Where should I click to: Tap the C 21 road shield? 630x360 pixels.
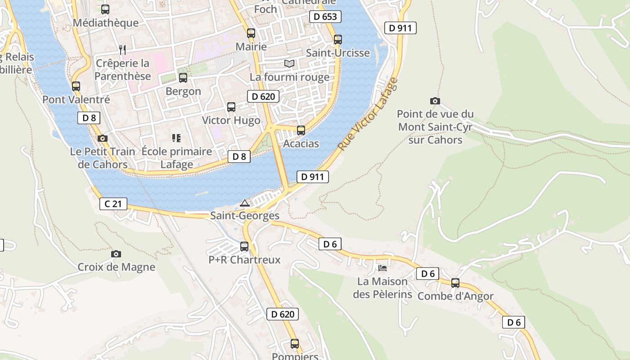click(113, 204)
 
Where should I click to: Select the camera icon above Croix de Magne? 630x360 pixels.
click(116, 254)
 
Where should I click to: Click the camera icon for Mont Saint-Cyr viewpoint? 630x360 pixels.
click(435, 101)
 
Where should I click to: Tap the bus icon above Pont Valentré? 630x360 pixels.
click(76, 86)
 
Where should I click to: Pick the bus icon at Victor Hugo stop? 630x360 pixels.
click(231, 107)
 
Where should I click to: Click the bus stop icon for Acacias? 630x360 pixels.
click(301, 130)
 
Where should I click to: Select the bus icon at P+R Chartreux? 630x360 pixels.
click(244, 247)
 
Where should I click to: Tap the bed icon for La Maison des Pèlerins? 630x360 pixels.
click(382, 268)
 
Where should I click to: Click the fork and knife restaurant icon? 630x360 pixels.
click(122, 49)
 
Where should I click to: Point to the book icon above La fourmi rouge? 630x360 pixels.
click(289, 64)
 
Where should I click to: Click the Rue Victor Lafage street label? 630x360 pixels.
click(368, 114)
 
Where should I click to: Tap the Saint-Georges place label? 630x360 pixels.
click(245, 216)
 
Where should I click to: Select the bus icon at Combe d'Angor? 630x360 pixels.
click(455, 283)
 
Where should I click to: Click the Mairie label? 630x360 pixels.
click(251, 46)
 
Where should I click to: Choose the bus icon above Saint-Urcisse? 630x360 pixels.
click(338, 40)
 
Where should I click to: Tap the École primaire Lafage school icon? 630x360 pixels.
click(176, 138)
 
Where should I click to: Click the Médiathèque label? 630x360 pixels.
click(105, 22)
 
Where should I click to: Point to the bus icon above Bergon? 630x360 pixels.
click(183, 78)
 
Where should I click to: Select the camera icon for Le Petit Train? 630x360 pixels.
click(103, 138)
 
